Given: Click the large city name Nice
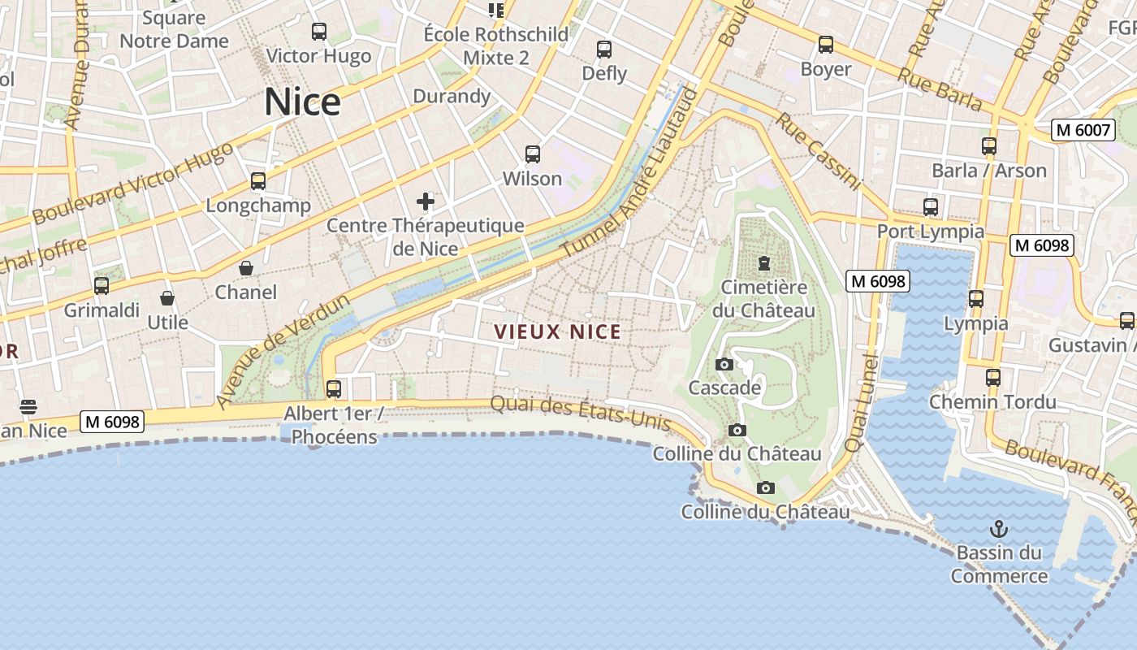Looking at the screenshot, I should pyautogui.click(x=302, y=102).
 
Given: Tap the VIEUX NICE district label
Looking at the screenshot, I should pyautogui.click(x=557, y=331).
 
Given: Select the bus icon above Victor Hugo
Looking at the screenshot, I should pyautogui.click(x=319, y=32).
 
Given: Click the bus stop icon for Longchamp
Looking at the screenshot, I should pyautogui.click(x=258, y=181).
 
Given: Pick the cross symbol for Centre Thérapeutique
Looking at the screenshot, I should pyautogui.click(x=425, y=201).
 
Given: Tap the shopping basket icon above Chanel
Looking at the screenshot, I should pyautogui.click(x=246, y=268).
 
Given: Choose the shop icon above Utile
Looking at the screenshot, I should pyautogui.click(x=167, y=298).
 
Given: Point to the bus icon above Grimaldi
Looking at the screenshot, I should pyautogui.click(x=102, y=286).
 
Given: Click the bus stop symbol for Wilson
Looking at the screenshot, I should pyautogui.click(x=533, y=154).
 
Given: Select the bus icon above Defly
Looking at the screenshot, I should pyautogui.click(x=604, y=50).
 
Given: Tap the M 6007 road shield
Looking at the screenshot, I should pyautogui.click(x=1083, y=129).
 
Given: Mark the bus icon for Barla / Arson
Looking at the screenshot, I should pyautogui.click(x=989, y=146).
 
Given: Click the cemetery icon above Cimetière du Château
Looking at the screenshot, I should pyautogui.click(x=763, y=263).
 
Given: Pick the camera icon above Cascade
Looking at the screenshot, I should pyautogui.click(x=724, y=364).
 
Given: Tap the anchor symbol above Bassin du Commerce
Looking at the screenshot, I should pyautogui.click(x=999, y=530).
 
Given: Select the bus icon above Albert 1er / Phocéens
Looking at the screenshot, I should pyautogui.click(x=334, y=389).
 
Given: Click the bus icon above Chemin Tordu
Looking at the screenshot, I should pyautogui.click(x=993, y=378).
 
